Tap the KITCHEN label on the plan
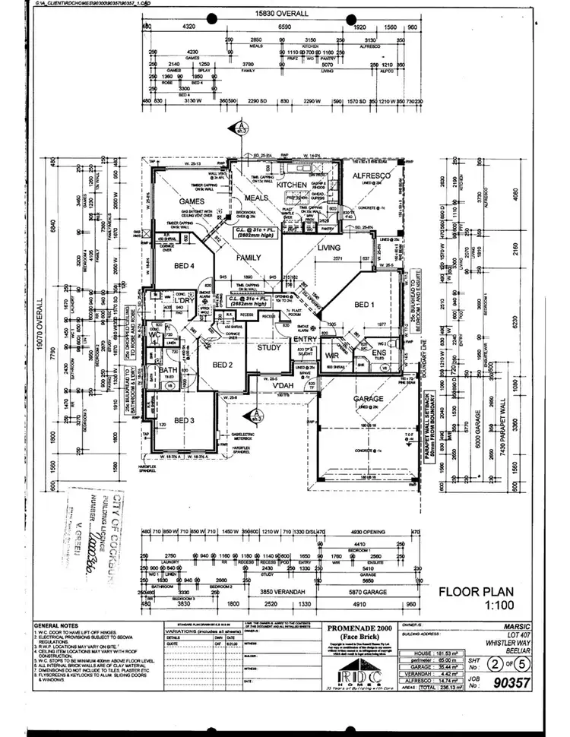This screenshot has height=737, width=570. (291, 185)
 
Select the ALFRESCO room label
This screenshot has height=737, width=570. (372, 176)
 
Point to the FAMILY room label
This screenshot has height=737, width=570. (249, 258)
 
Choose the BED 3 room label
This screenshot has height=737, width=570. (185, 420)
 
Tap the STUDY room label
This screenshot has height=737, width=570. (269, 349)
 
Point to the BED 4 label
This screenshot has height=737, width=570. (185, 265)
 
